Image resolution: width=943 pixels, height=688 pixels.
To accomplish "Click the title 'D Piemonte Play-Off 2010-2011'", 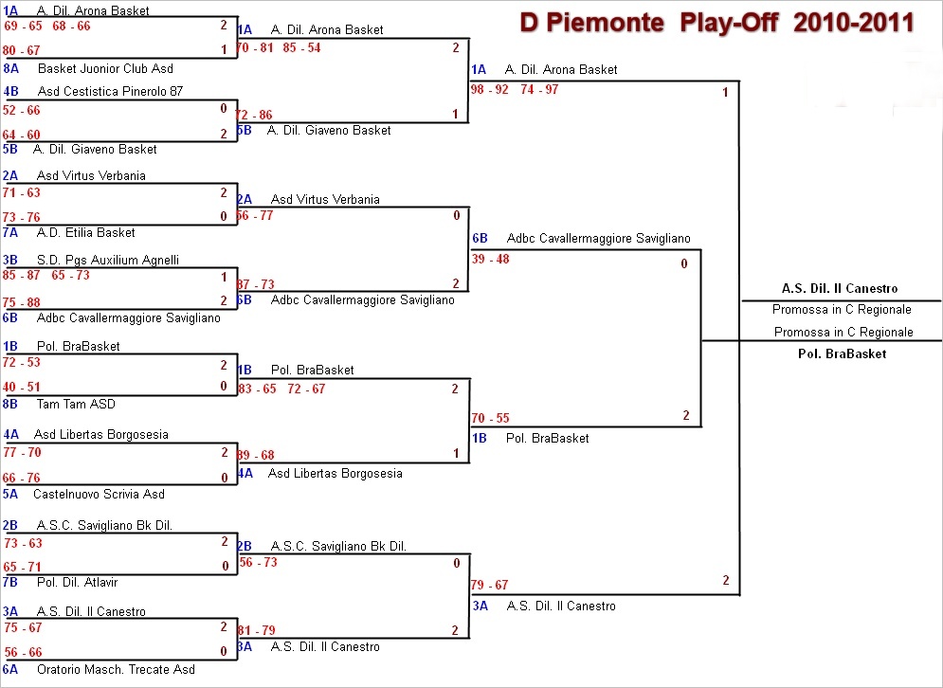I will tap(717, 22).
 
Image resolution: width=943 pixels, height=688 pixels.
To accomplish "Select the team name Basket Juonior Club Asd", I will tap(105, 69).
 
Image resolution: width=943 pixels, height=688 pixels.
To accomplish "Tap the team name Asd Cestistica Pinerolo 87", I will tap(110, 92).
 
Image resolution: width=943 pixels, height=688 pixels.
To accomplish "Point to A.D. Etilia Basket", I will tap(86, 233).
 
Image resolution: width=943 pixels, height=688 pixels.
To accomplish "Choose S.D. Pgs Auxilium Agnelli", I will tap(108, 261).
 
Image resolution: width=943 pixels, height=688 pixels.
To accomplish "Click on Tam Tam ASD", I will tap(76, 405).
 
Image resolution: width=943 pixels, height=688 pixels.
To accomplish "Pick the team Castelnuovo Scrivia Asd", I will tap(99, 494).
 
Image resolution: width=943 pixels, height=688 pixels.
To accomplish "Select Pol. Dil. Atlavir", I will tap(78, 582).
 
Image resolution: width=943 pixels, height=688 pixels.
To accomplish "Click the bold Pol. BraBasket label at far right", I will tap(842, 353).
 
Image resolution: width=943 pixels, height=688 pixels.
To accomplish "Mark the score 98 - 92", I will tap(490, 89).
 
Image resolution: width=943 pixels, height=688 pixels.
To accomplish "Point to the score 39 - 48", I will tap(490, 260).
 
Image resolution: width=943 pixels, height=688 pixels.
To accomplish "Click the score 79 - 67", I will tap(490, 585).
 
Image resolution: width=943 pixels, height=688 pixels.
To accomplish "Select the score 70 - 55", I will tap(490, 418).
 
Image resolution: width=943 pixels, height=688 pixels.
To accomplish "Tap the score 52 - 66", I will tap(22, 111).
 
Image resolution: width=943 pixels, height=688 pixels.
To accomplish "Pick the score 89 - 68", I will tap(255, 456).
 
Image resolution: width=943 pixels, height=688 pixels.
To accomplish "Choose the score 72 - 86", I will tap(254, 116).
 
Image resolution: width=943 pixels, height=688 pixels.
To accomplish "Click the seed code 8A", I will tap(11, 69).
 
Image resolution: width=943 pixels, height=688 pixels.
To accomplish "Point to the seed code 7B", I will tap(11, 582).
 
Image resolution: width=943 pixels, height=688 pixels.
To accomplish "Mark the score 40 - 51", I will tap(22, 387).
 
